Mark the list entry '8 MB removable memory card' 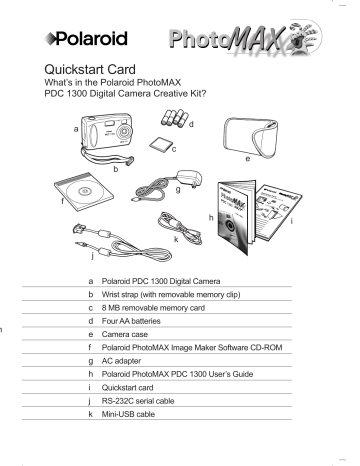click(153, 309)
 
